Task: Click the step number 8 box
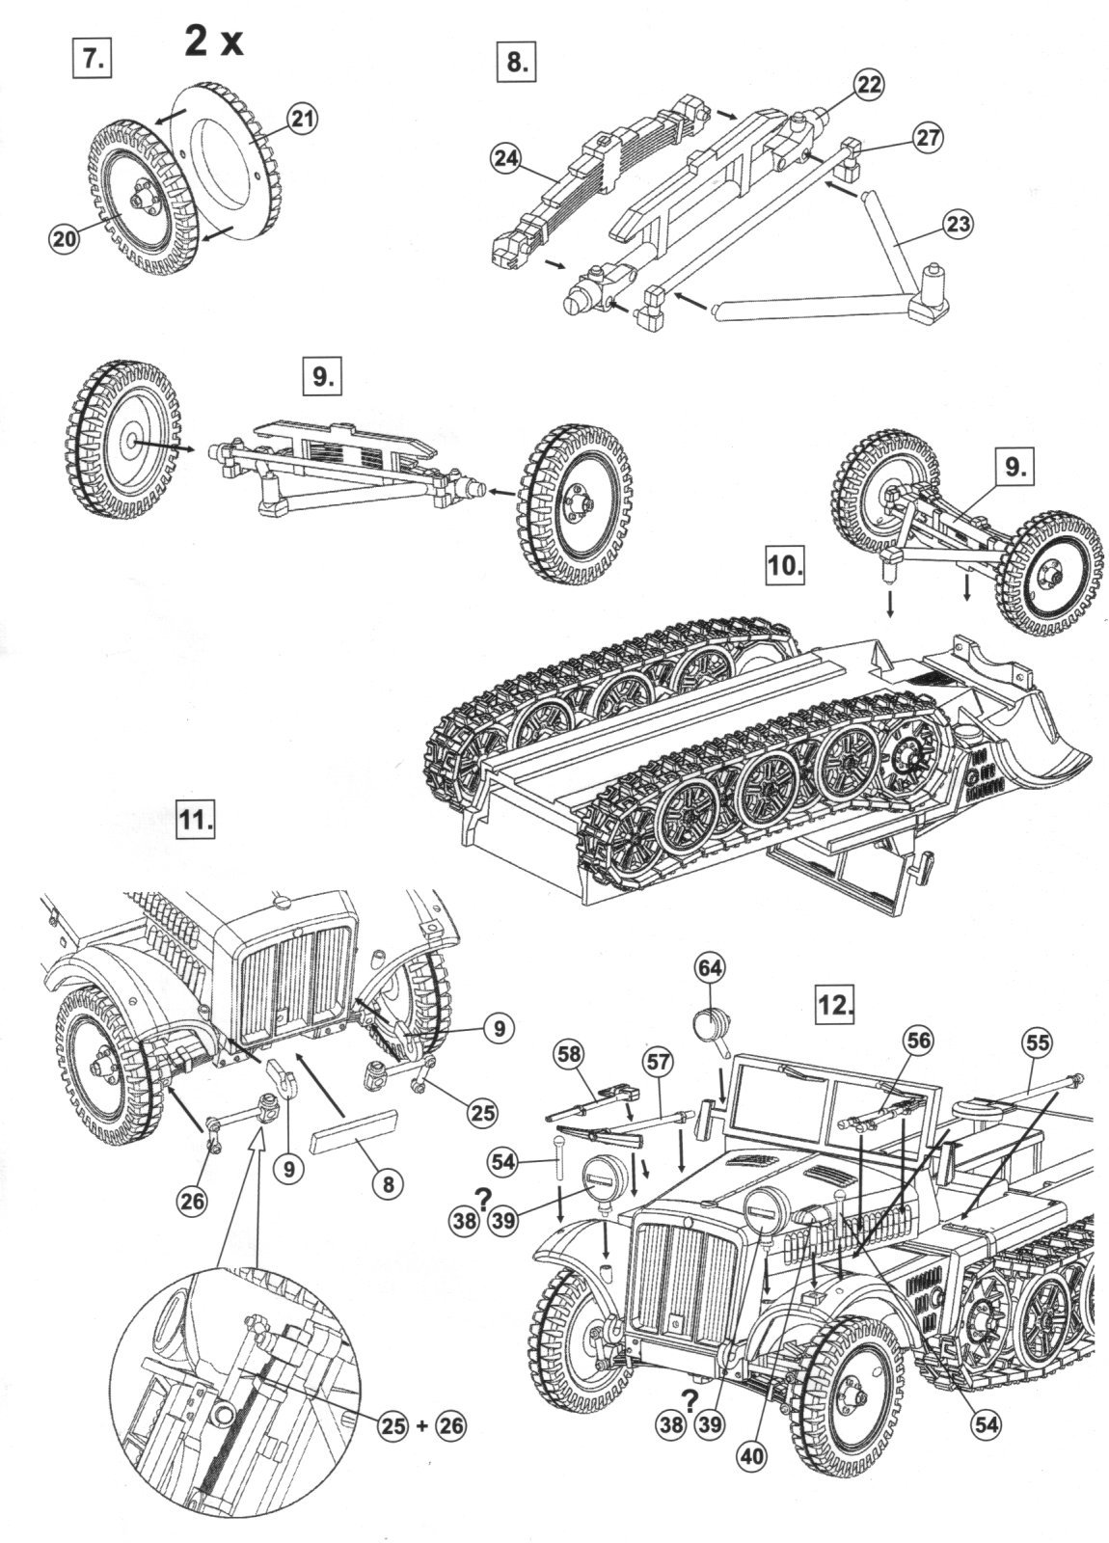click(516, 64)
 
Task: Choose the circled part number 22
click(868, 85)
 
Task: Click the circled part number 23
click(958, 225)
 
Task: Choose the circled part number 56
click(917, 1040)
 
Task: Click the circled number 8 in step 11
click(388, 1183)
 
